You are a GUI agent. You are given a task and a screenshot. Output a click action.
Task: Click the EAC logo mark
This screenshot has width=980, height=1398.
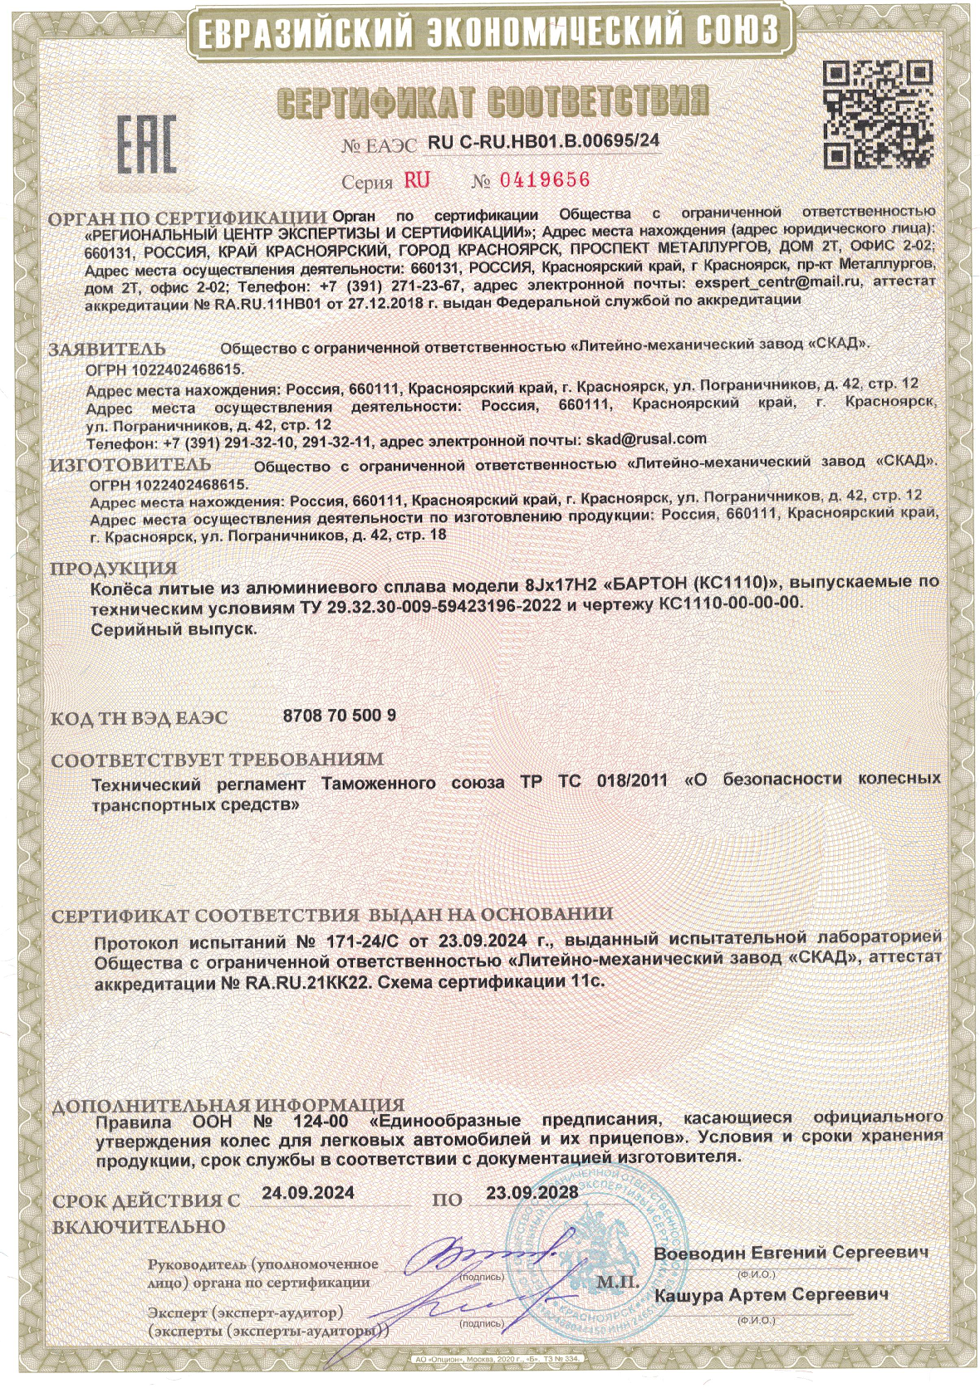[x=145, y=146]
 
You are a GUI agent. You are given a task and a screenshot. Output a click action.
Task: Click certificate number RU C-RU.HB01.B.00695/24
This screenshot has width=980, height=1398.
[x=543, y=141]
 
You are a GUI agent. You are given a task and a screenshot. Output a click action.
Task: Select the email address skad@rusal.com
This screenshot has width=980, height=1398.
[x=646, y=439]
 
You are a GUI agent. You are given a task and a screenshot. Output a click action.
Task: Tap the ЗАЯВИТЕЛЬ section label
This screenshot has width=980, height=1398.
[x=107, y=349]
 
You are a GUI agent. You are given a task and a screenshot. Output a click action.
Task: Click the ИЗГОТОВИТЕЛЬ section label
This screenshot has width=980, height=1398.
[x=130, y=465]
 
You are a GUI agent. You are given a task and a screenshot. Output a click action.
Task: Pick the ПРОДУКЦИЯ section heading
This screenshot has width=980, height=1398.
[x=114, y=569]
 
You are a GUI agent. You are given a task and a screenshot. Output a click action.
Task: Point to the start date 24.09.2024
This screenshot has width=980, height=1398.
[x=307, y=1192]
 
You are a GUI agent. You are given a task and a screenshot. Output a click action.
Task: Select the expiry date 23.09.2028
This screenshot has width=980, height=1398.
[x=532, y=1192]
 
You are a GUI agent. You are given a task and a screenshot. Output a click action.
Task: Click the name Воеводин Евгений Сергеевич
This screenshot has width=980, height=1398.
[x=790, y=1253]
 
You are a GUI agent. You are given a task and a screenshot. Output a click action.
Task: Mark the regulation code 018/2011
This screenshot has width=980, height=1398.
[x=631, y=780]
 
